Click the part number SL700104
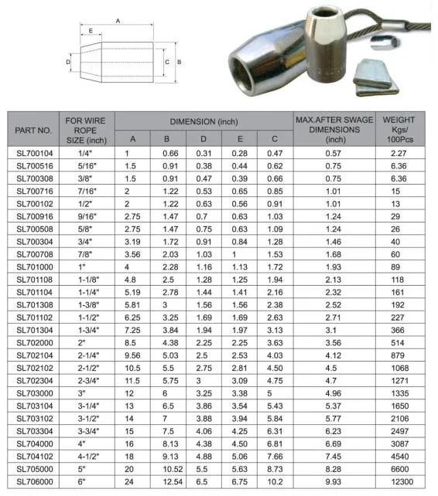[34, 153]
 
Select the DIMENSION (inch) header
[204, 122]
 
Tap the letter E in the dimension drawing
[91, 32]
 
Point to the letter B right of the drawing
[179, 60]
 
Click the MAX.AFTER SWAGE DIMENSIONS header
[334, 130]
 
